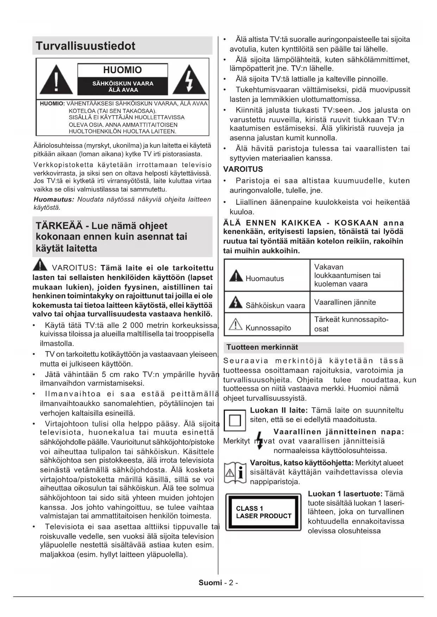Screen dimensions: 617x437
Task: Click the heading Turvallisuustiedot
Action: point(86,46)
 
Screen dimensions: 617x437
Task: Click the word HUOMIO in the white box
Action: point(122,70)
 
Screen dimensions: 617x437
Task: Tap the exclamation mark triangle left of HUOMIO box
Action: point(56,80)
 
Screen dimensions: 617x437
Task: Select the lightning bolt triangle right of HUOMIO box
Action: point(189,80)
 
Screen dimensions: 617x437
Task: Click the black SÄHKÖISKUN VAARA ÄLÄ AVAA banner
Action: point(123,87)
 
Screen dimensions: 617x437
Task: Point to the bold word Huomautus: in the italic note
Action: point(54,199)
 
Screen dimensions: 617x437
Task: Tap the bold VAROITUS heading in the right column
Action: point(243,169)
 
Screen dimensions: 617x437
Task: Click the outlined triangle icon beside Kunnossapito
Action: point(235,324)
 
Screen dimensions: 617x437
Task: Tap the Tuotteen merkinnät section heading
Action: point(262,347)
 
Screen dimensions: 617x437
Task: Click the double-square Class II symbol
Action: point(235,420)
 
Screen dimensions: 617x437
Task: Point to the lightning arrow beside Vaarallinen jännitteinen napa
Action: point(260,441)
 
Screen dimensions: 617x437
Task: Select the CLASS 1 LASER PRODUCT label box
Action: point(263,512)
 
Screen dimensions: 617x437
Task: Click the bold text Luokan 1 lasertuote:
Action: point(345,494)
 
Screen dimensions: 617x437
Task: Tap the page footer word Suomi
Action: point(210,583)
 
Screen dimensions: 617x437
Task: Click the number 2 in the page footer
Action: point(231,583)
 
